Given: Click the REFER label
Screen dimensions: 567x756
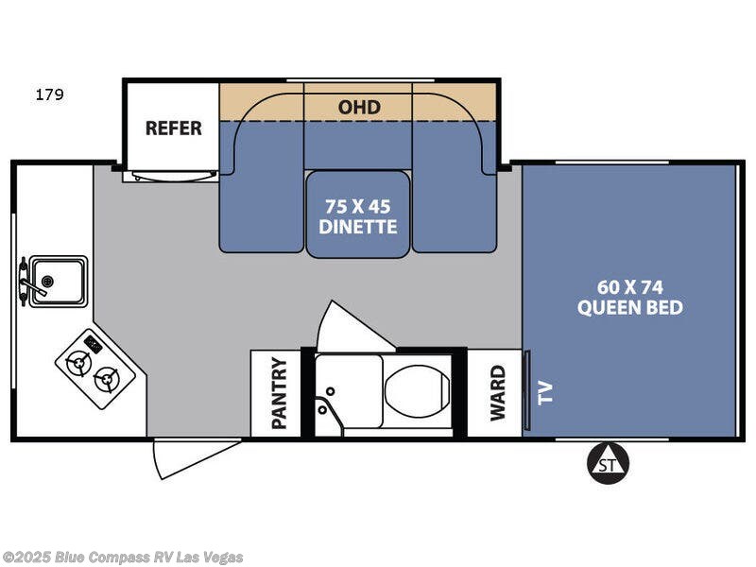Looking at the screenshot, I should tap(173, 129).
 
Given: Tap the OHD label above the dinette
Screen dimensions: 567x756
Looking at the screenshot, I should tap(359, 107).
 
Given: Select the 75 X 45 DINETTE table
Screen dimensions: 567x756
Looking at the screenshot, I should tap(358, 215).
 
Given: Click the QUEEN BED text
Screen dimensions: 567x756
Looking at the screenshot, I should tap(629, 308).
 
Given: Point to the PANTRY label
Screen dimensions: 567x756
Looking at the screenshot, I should tap(279, 393).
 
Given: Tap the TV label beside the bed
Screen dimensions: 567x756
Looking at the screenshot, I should tap(544, 393).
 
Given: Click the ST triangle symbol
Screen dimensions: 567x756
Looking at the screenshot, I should tap(608, 463).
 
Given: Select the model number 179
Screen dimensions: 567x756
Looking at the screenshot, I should tap(49, 94).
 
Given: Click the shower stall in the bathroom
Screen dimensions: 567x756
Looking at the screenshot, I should tap(348, 394).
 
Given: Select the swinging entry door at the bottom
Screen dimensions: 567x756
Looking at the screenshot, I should tap(194, 455).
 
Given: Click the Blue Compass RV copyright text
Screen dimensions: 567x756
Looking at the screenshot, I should tap(123, 557).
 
